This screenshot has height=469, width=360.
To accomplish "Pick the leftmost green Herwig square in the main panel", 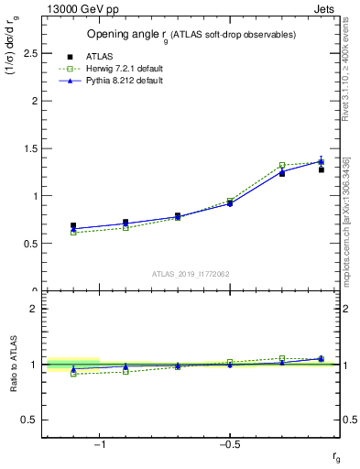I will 73,233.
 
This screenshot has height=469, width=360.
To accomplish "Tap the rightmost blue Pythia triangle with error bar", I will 322,161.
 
